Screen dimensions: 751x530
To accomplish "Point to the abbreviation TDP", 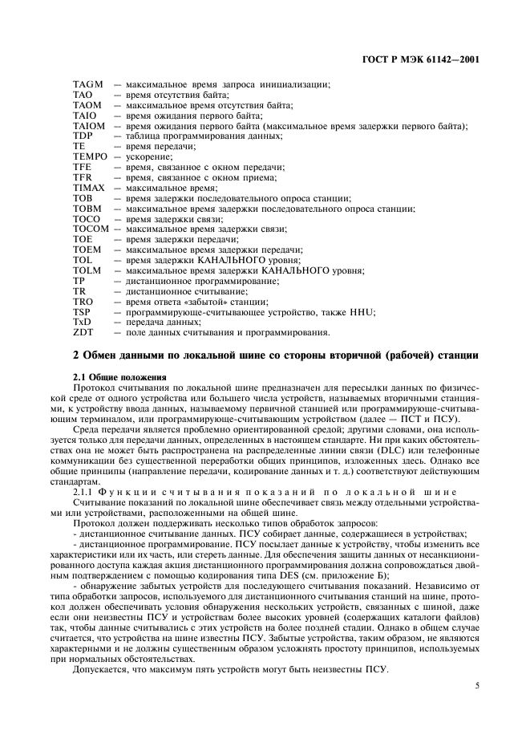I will coord(83,137).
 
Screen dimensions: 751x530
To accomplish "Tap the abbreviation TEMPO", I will coord(89,157).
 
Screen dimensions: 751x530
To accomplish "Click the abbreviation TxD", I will coord(82,322).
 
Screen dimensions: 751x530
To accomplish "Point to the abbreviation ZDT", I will coord(83,332).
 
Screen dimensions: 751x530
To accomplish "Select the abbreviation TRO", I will coord(83,301).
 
